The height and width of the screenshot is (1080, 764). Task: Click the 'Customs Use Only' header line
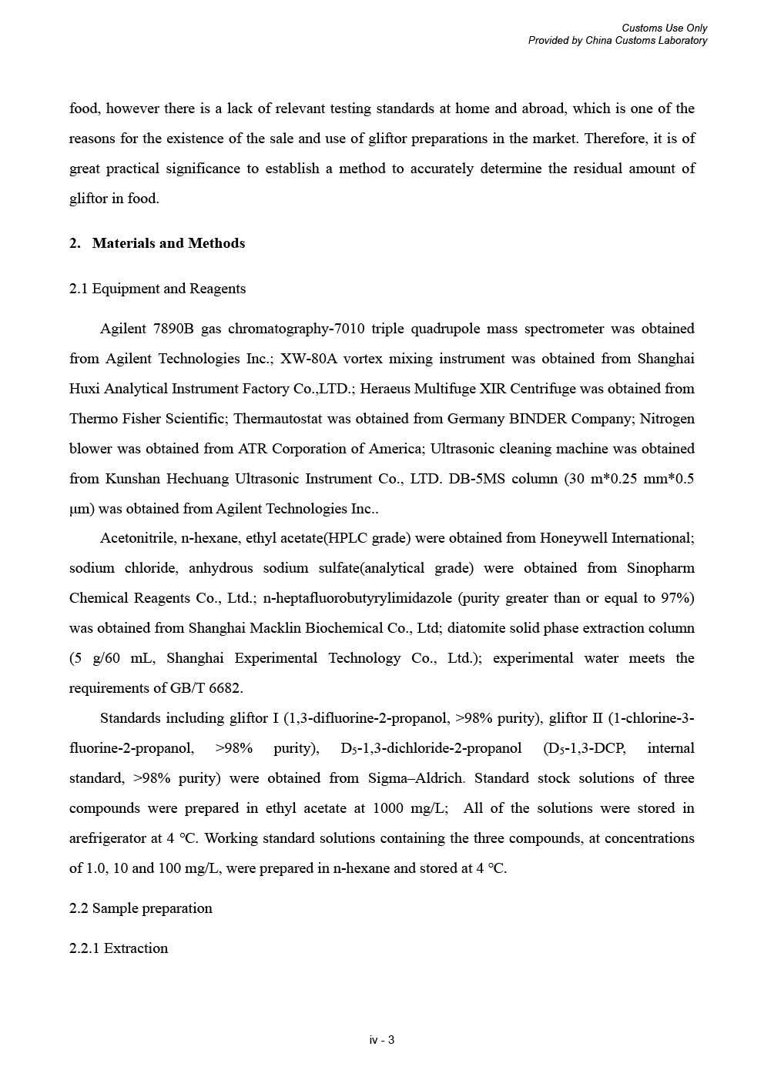pyautogui.click(x=664, y=28)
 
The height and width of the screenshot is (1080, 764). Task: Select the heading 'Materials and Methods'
pyautogui.click(x=168, y=243)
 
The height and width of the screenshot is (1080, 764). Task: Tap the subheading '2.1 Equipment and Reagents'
pyautogui.click(x=157, y=289)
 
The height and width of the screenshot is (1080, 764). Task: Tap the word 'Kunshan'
pyautogui.click(x=133, y=479)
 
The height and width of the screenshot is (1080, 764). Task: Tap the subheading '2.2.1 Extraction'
pyautogui.click(x=119, y=948)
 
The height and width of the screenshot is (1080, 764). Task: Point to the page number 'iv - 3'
pyautogui.click(x=382, y=1041)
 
